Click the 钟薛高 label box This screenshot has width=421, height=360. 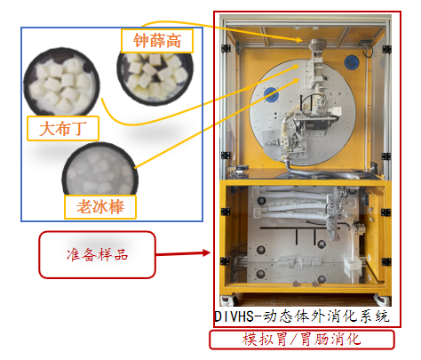point(157,41)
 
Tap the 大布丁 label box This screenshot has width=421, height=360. point(63,128)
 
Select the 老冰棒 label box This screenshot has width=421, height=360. point(100,207)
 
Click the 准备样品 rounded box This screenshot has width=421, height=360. point(97,255)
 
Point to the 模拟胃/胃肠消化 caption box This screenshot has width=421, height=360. point(302,340)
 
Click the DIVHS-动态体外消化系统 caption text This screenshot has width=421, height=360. point(301,316)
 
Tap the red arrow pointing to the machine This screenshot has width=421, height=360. point(183,253)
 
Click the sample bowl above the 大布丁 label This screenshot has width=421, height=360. point(61,82)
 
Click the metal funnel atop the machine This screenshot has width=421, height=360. point(317,45)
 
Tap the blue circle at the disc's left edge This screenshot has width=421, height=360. point(271,94)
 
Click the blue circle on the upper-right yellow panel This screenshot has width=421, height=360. point(352,62)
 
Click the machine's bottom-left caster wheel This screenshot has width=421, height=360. point(229,300)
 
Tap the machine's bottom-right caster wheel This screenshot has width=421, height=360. point(382,300)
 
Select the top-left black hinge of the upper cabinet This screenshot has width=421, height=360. point(226,48)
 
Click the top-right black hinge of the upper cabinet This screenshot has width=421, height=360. point(386,49)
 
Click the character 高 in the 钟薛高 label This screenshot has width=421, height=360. point(173,41)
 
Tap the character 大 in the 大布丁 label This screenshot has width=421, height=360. point(46,129)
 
